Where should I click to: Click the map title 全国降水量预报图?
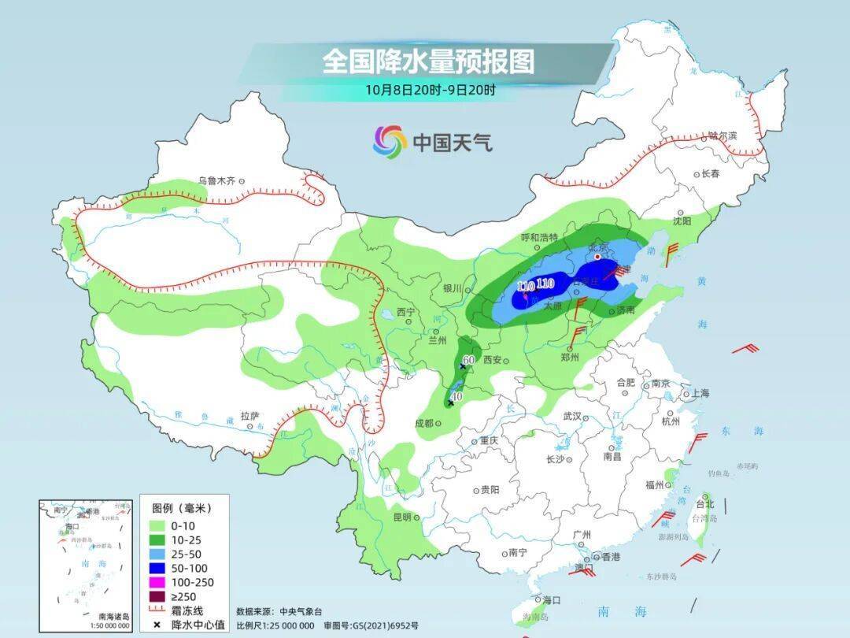tap(427, 61)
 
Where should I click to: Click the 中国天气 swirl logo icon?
tap(390, 142)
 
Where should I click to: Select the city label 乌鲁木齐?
tap(216, 180)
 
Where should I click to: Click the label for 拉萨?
tap(249, 415)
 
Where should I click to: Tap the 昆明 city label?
tap(401, 517)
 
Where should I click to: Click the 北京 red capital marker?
tap(597, 257)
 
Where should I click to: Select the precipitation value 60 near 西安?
tap(469, 360)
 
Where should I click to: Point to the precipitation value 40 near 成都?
tap(456, 396)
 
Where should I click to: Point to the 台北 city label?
tap(706, 503)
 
